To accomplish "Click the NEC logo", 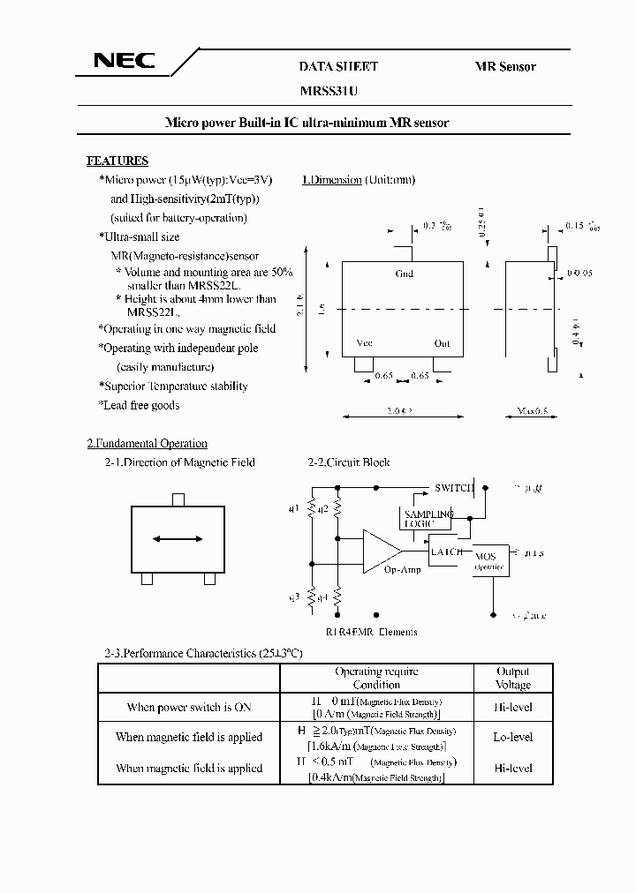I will pos(125,61).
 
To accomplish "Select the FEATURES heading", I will pos(117,161).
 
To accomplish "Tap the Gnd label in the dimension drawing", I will pos(404,274).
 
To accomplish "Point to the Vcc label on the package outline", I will pos(364,343).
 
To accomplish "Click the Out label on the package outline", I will pos(442,343).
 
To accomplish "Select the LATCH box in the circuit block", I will pos(446,552).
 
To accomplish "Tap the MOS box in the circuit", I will pos(486,561).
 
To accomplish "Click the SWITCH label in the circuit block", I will pos(455,488).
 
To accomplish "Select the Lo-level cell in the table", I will pos(512,737).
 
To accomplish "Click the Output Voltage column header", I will pos(513,678).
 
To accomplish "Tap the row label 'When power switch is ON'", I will pos(188,707).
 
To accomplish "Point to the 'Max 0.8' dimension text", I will pos(532,411).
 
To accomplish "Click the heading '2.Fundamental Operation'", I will pos(147,443).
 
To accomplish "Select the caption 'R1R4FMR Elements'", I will pos(371,631).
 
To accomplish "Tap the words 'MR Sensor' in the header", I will pos(505,66).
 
